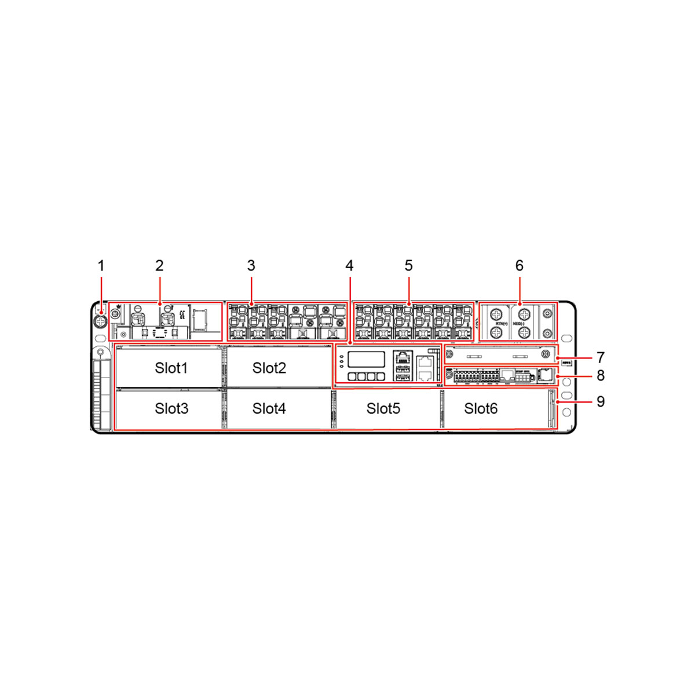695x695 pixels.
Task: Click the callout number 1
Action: click(x=101, y=266)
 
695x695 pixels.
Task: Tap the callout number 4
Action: click(x=349, y=266)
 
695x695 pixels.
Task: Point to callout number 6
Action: click(x=519, y=266)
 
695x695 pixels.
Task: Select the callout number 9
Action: click(x=601, y=401)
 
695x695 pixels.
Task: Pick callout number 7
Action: click(x=601, y=357)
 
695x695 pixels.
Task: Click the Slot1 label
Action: click(x=171, y=368)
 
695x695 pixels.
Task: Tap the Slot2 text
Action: click(x=269, y=368)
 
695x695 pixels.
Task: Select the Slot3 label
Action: click(x=171, y=408)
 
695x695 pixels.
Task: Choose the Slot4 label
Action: click(x=269, y=408)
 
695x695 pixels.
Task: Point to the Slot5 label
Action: click(x=383, y=408)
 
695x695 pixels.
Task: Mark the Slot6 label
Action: click(x=481, y=408)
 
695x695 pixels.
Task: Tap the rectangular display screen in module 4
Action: click(x=366, y=359)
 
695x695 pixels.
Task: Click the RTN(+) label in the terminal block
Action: click(x=502, y=324)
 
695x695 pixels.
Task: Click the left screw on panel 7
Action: click(x=449, y=354)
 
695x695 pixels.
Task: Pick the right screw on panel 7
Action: click(x=544, y=354)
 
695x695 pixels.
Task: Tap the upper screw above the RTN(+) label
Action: click(x=496, y=314)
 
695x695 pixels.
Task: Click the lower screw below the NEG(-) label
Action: click(x=524, y=332)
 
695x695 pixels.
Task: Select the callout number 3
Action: click(x=251, y=266)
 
